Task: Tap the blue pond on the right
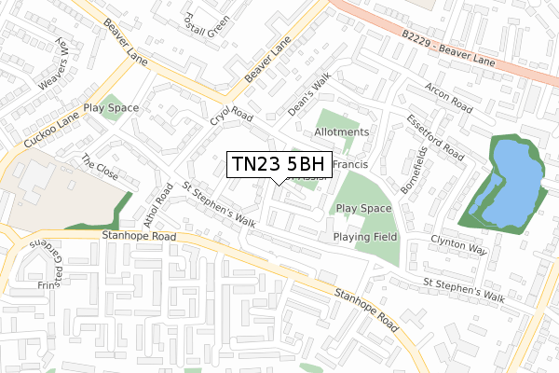point(511,184)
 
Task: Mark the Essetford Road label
point(434,137)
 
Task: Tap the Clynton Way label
point(458,245)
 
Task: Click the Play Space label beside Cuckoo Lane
point(111,108)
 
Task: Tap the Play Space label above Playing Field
point(363,209)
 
